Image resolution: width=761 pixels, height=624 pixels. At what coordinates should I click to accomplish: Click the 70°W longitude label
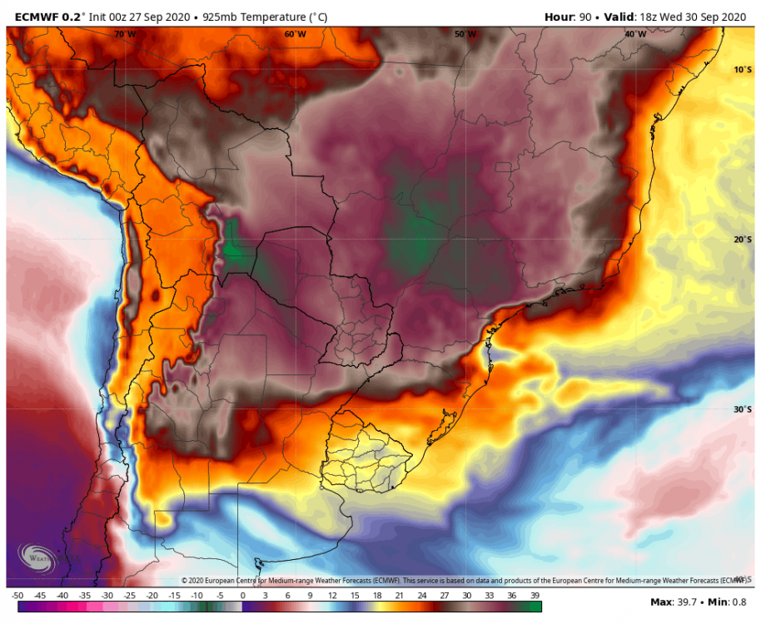click(125, 34)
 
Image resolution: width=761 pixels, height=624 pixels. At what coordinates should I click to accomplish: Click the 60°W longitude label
click(295, 34)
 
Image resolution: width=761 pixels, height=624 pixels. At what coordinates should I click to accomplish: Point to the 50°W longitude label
click(465, 34)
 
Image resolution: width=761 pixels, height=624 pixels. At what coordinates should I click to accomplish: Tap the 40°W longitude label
click(635, 34)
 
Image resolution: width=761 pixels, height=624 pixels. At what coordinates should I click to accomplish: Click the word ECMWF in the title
click(36, 16)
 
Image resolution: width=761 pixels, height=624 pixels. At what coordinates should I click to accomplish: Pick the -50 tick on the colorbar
click(17, 596)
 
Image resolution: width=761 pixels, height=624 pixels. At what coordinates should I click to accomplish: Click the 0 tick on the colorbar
click(242, 596)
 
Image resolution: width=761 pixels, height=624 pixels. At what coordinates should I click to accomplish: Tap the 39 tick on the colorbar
click(535, 596)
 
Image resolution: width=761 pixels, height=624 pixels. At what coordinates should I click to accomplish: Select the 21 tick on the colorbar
click(400, 596)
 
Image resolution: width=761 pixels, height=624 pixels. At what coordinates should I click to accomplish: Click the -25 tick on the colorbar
click(130, 596)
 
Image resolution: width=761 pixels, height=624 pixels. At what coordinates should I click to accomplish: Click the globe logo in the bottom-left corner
click(37, 558)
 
